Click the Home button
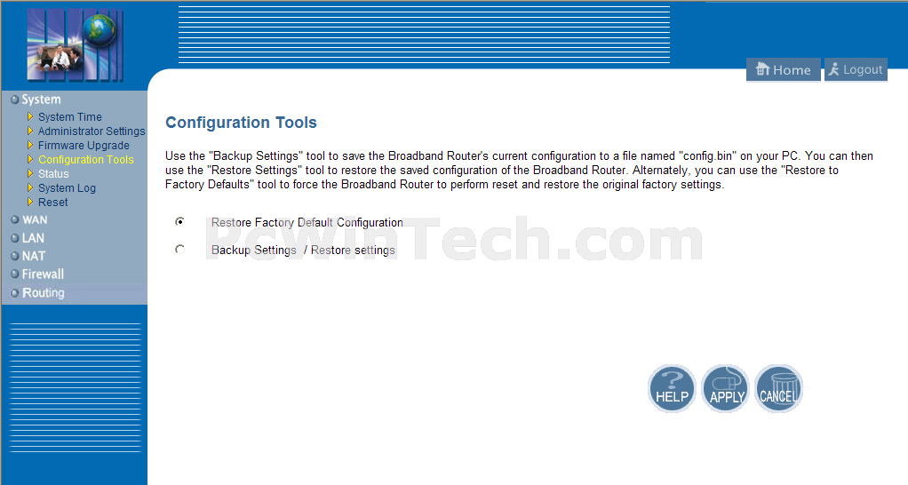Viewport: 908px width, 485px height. point(783,70)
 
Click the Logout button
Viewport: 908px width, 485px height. point(856,70)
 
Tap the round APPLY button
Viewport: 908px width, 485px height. point(726,388)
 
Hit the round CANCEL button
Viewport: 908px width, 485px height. point(779,388)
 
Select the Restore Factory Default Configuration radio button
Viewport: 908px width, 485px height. point(180,222)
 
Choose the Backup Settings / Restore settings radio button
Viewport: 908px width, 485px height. point(180,250)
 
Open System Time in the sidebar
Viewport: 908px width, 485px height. point(69,117)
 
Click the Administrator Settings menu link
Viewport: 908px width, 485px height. point(92,131)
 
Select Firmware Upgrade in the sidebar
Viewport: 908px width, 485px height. point(84,146)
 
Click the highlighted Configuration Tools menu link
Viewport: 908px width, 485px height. point(85,160)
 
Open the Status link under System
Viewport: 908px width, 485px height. point(53,173)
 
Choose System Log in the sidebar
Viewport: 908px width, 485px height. point(67,188)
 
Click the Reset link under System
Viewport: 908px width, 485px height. point(52,203)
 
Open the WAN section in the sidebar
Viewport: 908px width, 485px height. point(34,220)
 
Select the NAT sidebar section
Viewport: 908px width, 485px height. point(33,256)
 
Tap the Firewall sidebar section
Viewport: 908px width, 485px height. point(43,274)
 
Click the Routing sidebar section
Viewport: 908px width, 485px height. point(43,293)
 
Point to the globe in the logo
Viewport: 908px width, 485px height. point(99,29)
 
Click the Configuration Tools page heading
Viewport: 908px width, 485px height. point(241,123)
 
